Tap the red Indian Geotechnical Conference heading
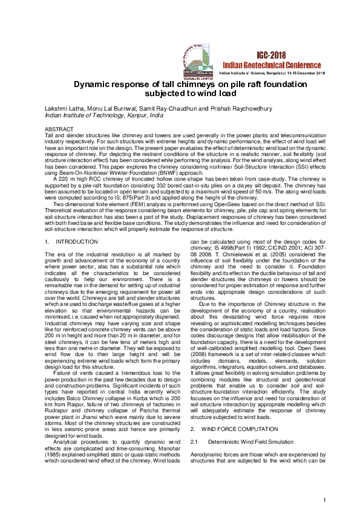(266, 64)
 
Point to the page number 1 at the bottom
(324, 499)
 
